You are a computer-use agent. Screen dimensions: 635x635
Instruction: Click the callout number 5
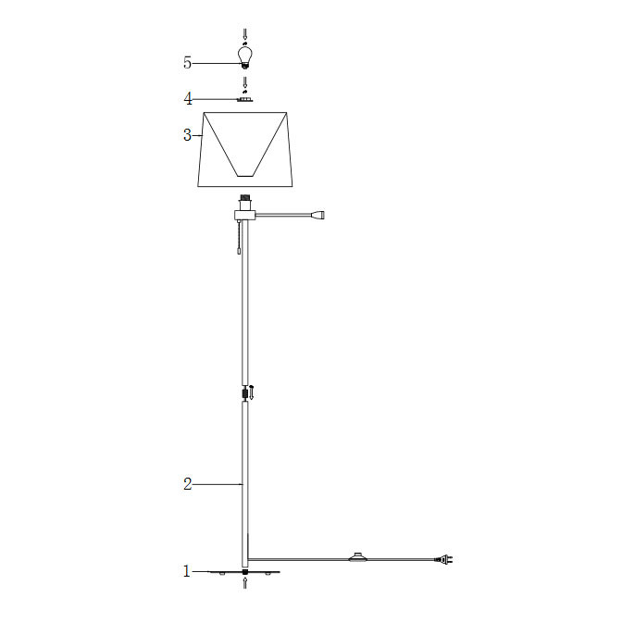point(187,63)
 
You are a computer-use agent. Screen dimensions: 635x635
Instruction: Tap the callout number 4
point(188,99)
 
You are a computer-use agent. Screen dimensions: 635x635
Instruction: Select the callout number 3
point(187,135)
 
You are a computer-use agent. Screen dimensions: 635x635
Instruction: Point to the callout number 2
point(188,484)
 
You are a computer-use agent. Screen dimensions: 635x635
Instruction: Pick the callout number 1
point(187,571)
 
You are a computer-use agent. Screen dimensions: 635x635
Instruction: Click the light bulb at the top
point(244,56)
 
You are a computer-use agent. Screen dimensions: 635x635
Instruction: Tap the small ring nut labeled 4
point(244,100)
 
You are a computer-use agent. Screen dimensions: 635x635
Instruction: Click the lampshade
point(245,149)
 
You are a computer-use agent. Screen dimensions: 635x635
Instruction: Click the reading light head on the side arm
point(317,215)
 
